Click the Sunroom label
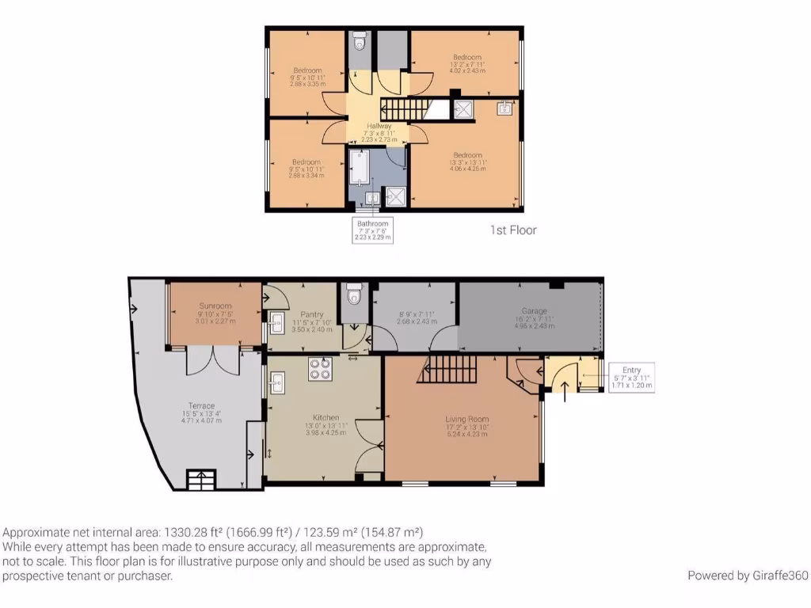pos(215,305)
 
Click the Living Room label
pos(466,419)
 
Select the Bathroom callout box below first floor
pos(372,230)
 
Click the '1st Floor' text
pos(512,230)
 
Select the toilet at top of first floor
pos(360,42)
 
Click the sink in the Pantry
pos(277,322)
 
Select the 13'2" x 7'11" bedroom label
pos(466,57)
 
